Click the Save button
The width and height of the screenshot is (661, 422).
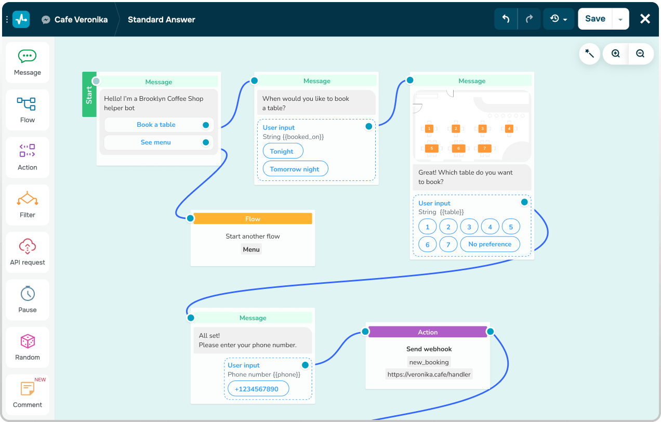tap(595, 19)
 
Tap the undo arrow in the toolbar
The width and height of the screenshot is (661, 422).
tap(506, 19)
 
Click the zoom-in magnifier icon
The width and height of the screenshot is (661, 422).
tap(616, 54)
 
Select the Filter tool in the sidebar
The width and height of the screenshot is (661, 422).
tap(28, 205)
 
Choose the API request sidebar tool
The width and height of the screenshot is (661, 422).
tap(28, 252)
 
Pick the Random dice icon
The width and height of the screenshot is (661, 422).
tap(28, 341)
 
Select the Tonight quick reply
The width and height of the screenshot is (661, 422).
tap(283, 151)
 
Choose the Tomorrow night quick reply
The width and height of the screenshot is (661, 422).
tap(295, 169)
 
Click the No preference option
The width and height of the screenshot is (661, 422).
tap(490, 244)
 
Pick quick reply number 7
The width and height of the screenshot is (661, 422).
tap(448, 244)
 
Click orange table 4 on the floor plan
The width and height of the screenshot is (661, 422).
tap(509, 128)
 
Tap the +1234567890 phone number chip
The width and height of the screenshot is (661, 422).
tap(256, 389)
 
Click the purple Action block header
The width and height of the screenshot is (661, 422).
tap(428, 332)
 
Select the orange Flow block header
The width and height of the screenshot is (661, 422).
tap(253, 219)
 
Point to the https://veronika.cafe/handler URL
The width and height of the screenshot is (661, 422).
tap(429, 374)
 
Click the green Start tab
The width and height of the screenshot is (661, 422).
tap(89, 95)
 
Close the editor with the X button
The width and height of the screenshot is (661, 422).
tap(645, 19)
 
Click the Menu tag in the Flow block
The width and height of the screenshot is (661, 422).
tap(251, 249)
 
